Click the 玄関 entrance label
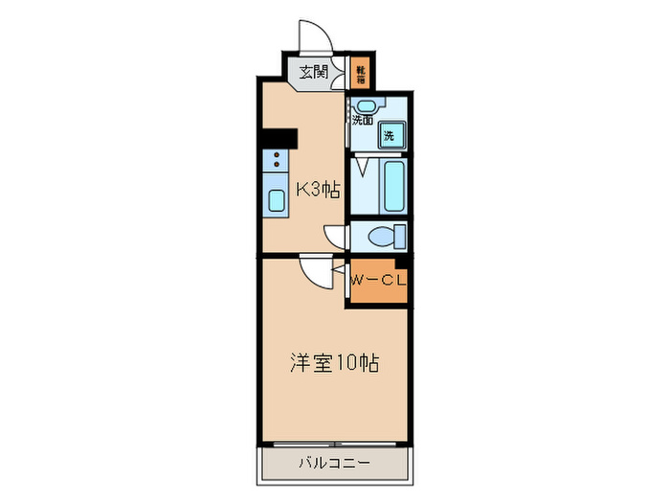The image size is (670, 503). (313, 71)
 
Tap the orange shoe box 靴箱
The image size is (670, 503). (362, 70)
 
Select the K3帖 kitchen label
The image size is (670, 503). (318, 190)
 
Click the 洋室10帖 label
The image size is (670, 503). (334, 363)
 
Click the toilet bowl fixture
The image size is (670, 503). (389, 235)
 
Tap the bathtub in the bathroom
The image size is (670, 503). (391, 187)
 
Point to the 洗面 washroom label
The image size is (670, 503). (363, 121)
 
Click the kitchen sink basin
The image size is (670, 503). (276, 200)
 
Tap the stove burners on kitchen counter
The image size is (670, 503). (276, 159)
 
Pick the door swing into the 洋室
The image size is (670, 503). (315, 269)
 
